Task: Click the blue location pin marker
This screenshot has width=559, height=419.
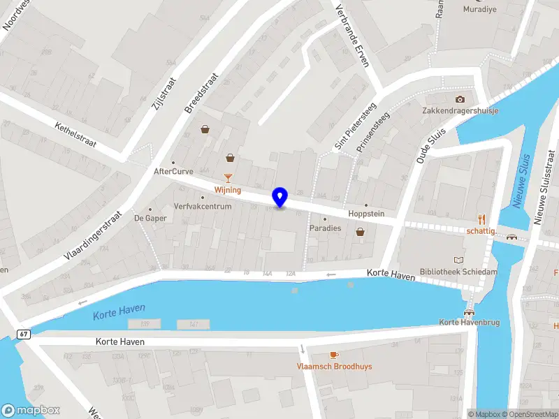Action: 280,198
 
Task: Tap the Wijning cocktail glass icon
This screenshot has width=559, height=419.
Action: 228,178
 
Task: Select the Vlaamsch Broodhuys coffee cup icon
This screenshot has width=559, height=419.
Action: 333,355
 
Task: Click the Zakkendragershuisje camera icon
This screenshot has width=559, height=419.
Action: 460,99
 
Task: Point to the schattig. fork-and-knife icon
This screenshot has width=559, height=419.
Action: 481,219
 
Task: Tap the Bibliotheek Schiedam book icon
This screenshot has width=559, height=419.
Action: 458,259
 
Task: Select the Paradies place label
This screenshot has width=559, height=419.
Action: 326,228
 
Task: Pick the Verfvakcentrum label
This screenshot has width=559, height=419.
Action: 203,207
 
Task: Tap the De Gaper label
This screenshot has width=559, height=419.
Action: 150,218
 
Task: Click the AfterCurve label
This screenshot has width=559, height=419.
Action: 173,171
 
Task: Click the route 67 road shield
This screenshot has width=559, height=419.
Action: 24,335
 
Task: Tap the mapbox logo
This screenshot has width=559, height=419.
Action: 31,411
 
